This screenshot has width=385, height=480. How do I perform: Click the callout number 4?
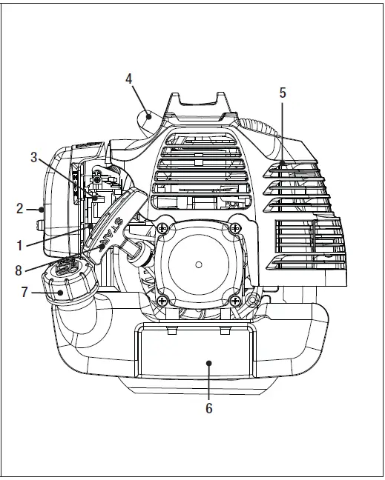(129, 79)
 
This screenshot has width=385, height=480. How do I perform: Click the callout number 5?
(283, 93)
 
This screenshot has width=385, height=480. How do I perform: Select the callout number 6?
(208, 408)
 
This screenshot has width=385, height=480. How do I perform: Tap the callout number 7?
(24, 292)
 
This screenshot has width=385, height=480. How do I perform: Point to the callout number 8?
(19, 270)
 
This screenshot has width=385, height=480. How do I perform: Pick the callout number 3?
(33, 157)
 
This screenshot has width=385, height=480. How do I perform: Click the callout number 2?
(19, 209)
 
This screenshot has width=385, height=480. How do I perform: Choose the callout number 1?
(19, 245)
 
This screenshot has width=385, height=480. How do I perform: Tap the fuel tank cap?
(70, 280)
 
